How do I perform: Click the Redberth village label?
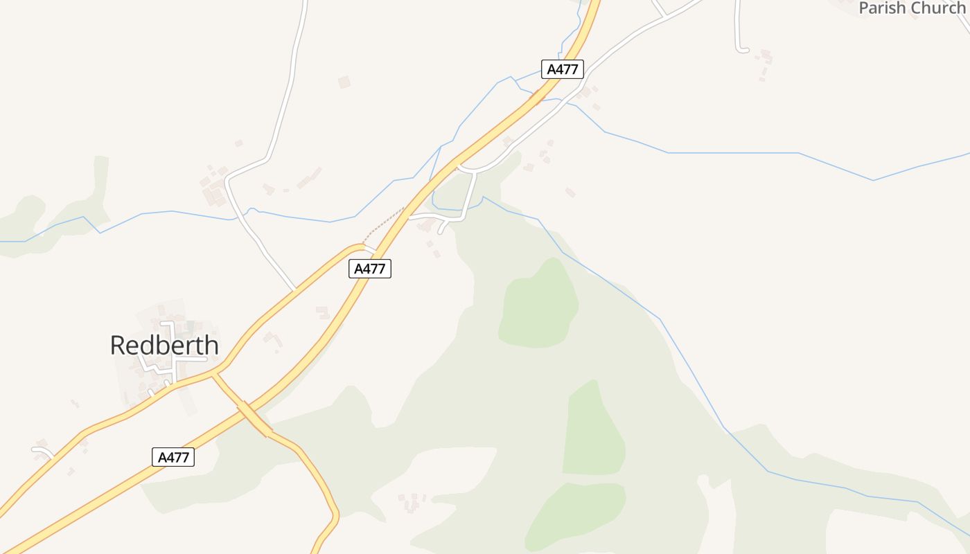pyautogui.click(x=164, y=345)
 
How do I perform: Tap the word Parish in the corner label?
pyautogui.click(x=883, y=8)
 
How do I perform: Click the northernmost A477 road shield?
pyautogui.click(x=563, y=69)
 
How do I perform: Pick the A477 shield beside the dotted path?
pyautogui.click(x=369, y=269)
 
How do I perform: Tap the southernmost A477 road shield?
pyautogui.click(x=173, y=457)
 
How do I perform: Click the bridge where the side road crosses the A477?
pyautogui.click(x=254, y=419)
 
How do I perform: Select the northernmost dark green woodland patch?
pyautogui.click(x=538, y=305)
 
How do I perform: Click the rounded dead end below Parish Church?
pyautogui.click(x=743, y=49)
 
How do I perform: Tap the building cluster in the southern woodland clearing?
pyautogui.click(x=412, y=501)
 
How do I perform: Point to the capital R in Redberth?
pyautogui.click(x=119, y=345)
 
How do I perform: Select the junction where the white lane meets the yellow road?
pyautogui.click(x=296, y=289)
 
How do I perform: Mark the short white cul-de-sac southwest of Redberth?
pyautogui.click(x=44, y=452)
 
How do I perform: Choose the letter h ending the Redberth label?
pyautogui.click(x=211, y=345)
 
